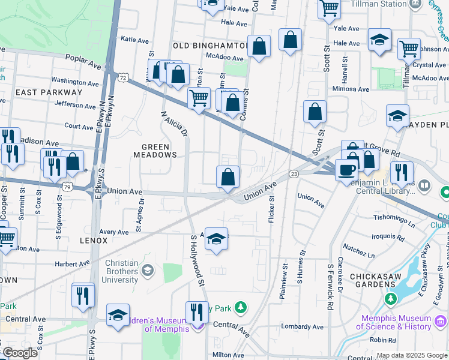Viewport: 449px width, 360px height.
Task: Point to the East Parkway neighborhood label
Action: click(49, 92)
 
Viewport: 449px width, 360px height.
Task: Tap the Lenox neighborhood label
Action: click(93, 240)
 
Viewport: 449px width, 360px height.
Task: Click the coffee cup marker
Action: click(346, 170)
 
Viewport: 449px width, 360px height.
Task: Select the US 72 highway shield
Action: click(123, 77)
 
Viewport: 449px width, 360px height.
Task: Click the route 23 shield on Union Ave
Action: click(294, 173)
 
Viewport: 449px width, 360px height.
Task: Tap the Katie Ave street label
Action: click(134, 40)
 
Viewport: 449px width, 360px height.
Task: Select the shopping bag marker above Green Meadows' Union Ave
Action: click(228, 176)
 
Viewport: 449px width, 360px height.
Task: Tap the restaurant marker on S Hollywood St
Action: click(196, 313)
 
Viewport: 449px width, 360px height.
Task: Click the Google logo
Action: click(20, 353)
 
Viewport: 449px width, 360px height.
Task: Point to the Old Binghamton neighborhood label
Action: click(210, 46)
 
